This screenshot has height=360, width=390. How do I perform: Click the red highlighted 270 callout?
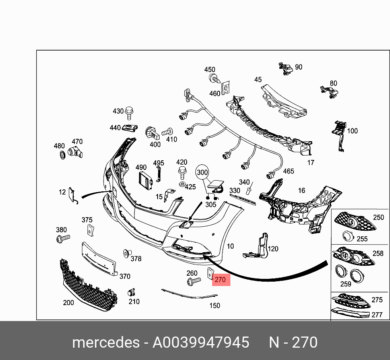coord(220,280)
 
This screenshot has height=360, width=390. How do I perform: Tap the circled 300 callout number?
coord(203,173)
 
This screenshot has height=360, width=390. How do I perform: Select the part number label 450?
coord(210,70)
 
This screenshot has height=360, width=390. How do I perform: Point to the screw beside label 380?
coord(62,238)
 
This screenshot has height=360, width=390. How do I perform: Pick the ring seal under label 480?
coord(62,155)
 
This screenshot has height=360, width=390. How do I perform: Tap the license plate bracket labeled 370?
coord(99,259)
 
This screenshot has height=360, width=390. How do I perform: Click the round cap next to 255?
coord(349,236)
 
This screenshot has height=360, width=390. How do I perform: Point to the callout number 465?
coord(288,171)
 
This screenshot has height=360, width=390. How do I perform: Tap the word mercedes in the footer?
coord(105,342)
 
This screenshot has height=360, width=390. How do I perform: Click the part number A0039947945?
coord(201,342)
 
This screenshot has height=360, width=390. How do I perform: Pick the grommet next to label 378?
coord(127,253)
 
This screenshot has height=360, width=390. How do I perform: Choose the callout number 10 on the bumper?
coord(230,246)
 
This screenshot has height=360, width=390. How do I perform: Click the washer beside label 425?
coord(181,184)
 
